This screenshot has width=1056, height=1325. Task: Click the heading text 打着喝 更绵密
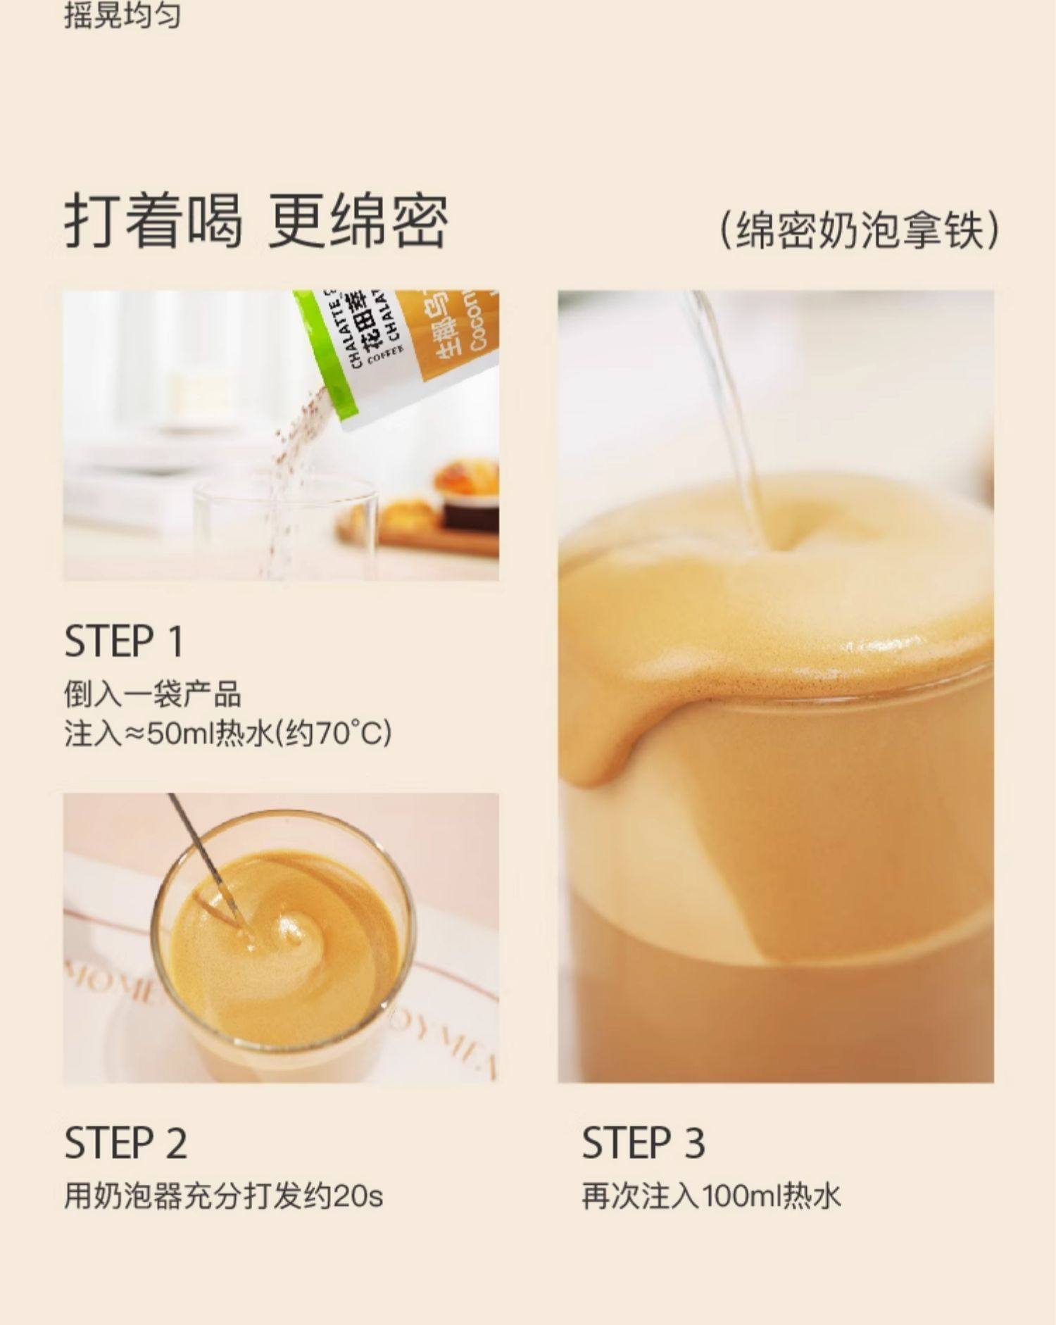(256, 221)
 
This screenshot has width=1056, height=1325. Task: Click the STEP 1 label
(124, 641)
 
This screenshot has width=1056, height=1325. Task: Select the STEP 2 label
(125, 1143)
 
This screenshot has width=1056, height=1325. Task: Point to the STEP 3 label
(643, 1143)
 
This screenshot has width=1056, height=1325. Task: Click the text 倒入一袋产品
(152, 695)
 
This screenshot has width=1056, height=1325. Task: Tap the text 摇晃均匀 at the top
(122, 15)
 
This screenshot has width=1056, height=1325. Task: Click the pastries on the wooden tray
(451, 493)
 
